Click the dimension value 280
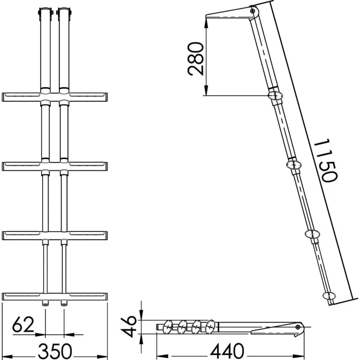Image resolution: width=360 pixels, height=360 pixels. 196,59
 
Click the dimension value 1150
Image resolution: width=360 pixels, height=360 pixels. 325,160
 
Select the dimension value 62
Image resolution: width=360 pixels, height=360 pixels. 23,324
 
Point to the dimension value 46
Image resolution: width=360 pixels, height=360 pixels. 129,326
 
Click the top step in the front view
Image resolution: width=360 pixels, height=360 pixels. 54,97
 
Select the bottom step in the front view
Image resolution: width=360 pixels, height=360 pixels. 54,297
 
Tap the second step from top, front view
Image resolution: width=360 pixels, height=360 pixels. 54,166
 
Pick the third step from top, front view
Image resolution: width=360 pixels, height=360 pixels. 54,236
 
